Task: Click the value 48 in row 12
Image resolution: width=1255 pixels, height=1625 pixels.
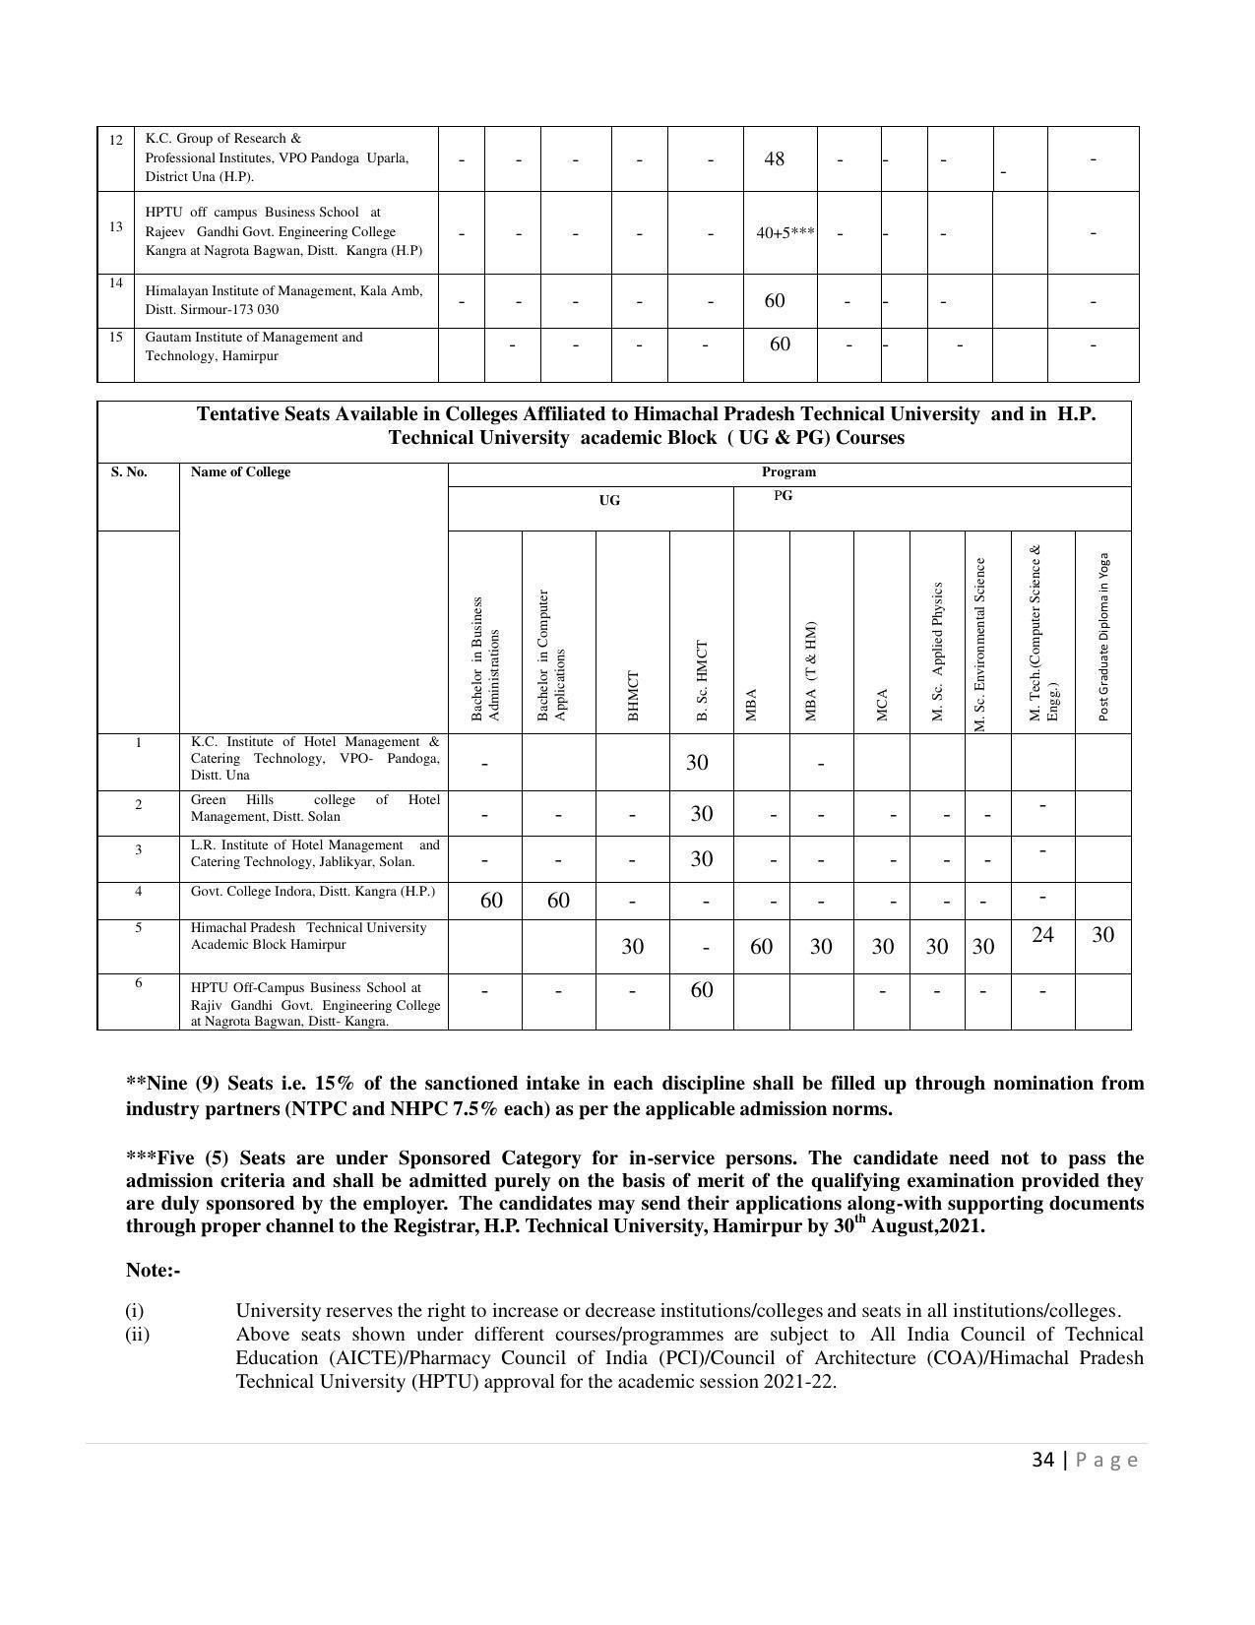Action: coord(774,158)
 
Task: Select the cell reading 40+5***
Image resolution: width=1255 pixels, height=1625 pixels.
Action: coord(784,233)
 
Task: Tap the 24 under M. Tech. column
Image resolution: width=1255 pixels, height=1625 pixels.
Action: coord(1042,935)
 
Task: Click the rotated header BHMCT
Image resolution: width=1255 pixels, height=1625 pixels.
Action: coord(633,695)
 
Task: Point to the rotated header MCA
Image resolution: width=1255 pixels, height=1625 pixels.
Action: coord(882,704)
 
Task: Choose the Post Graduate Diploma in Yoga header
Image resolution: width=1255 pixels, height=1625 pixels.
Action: coord(1103,636)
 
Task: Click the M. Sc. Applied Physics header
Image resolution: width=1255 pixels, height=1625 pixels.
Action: coord(937,651)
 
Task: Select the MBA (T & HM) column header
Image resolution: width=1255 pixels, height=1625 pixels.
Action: coord(811,670)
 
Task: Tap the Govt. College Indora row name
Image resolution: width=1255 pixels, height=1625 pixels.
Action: coord(312,892)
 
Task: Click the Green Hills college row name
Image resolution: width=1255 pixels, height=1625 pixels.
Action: coord(315,808)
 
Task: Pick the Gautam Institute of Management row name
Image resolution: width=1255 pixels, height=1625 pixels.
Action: coord(254,346)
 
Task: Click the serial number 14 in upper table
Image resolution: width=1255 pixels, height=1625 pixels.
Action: coord(116,283)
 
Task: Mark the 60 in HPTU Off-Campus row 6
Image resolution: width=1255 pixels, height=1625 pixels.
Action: coord(701,990)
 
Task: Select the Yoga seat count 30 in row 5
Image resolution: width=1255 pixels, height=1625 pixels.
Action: coord(1102,935)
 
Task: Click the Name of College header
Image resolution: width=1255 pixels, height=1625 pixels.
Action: coord(240,472)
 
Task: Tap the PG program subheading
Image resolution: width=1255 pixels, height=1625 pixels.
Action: coord(783,496)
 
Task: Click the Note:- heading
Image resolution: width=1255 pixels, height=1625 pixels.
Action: coord(153,1271)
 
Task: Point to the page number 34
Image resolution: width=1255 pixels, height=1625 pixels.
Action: coord(1042,1460)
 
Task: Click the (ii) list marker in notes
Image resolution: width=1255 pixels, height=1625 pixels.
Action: coord(137,1335)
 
